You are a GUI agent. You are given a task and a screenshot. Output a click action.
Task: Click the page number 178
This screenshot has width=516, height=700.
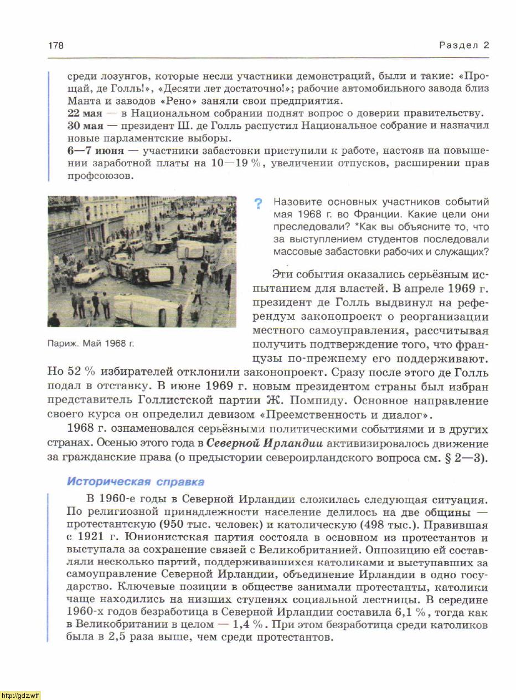click(x=56, y=45)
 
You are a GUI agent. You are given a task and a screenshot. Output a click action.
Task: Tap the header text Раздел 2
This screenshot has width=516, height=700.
click(x=464, y=45)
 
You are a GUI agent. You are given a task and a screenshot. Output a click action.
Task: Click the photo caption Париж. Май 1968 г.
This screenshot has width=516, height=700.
click(x=91, y=343)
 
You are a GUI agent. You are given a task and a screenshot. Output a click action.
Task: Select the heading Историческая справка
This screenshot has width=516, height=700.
click(x=135, y=482)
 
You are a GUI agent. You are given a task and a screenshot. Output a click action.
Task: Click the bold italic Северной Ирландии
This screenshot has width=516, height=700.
click(x=264, y=443)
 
